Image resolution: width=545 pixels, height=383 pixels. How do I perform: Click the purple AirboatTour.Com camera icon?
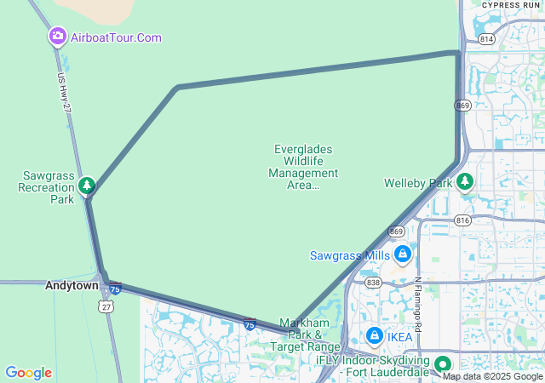58,37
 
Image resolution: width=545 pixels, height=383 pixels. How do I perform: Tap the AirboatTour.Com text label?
117,37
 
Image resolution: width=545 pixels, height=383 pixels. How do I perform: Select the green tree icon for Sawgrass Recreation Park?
86,185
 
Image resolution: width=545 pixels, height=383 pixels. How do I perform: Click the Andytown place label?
72,286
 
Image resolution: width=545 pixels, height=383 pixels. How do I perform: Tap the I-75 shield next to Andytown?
115,289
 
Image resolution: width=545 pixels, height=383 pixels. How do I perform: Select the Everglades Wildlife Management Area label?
303,167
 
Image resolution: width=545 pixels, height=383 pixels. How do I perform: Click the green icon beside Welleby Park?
465,181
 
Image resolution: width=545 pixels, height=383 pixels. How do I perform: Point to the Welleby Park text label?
418,183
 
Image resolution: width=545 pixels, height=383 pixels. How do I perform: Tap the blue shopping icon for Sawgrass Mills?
403,254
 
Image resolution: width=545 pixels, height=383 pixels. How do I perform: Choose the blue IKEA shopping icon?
375,336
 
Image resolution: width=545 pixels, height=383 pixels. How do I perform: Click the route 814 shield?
487,38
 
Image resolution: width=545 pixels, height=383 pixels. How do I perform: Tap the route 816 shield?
462,219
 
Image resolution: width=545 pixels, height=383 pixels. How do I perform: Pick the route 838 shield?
373,282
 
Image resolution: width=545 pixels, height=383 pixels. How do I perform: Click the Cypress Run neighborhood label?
511,5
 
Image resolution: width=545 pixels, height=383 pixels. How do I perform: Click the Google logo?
28,373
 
